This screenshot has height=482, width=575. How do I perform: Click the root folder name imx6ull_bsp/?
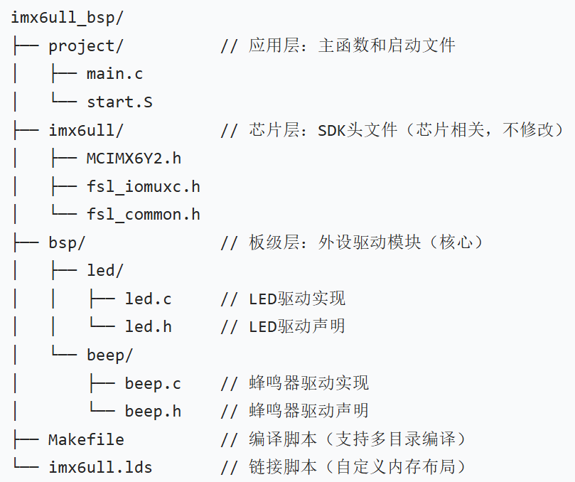(58, 17)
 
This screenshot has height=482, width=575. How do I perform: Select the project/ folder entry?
(86, 45)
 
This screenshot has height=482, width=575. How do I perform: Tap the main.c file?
(114, 74)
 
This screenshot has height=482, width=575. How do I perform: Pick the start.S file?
(119, 102)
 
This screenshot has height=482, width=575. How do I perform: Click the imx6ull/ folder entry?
(86, 130)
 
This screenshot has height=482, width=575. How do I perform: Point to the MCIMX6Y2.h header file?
(134, 158)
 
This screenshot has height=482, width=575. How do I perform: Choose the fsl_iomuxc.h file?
(143, 186)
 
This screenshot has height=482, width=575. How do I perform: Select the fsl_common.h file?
(143, 214)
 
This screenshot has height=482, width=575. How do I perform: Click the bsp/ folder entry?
(67, 242)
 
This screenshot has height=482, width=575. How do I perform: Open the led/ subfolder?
(105, 271)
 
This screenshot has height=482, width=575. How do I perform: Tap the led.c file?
(148, 299)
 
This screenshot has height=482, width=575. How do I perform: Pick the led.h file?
(148, 327)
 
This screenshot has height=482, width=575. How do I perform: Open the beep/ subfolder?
(109, 355)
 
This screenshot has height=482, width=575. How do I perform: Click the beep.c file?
(153, 383)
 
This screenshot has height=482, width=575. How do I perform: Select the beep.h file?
(153, 411)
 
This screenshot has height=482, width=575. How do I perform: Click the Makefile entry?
(86, 439)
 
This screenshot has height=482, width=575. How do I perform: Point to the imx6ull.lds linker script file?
(100, 467)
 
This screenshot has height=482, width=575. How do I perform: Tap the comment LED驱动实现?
(297, 299)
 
